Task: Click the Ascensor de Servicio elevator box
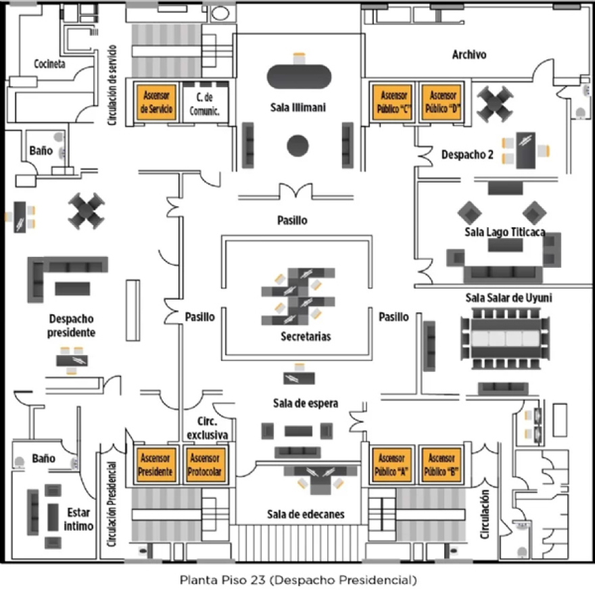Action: click(157, 102)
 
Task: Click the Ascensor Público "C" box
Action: click(394, 102)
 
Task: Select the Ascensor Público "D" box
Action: click(442, 102)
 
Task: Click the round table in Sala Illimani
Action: click(298, 145)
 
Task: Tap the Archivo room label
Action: click(469, 55)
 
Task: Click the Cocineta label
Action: click(49, 64)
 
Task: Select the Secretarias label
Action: click(306, 336)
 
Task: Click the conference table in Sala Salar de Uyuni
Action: click(504, 337)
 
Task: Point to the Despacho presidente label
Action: click(71, 325)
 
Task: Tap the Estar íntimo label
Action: click(80, 519)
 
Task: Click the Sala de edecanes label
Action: click(305, 514)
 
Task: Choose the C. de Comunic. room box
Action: click(205, 102)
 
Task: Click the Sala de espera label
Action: click(305, 404)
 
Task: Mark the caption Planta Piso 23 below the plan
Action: click(297, 580)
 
